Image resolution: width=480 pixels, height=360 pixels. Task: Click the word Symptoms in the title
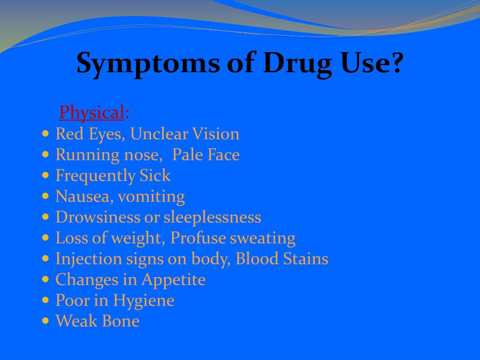pyautogui.click(x=148, y=64)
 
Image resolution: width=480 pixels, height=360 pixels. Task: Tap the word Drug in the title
pyautogui.click(x=297, y=64)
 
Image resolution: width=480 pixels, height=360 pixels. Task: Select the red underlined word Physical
pyautogui.click(x=92, y=112)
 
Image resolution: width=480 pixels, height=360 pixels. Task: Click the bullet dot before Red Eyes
pyautogui.click(x=45, y=134)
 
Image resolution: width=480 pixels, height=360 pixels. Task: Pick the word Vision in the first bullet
pyautogui.click(x=216, y=134)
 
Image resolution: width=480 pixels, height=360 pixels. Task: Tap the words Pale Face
pyautogui.click(x=206, y=155)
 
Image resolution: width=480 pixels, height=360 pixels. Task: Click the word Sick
pyautogui.click(x=155, y=175)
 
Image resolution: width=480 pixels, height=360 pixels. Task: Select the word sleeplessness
pyautogui.click(x=212, y=217)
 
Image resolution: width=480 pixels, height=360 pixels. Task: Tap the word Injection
pyautogui.click(x=89, y=259)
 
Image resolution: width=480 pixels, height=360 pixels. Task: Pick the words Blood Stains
pyautogui.click(x=282, y=259)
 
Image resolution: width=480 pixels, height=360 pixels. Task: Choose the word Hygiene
pyautogui.click(x=143, y=301)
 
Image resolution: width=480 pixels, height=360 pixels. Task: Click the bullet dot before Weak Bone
pyautogui.click(x=45, y=321)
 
